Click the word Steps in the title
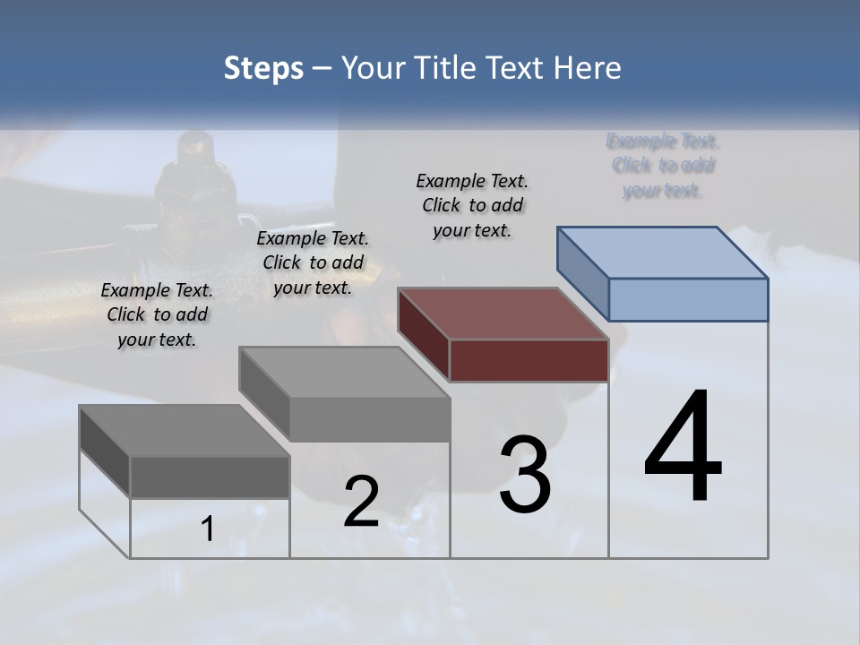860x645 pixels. pyautogui.click(x=263, y=68)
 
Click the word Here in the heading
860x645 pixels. pyautogui.click(x=589, y=68)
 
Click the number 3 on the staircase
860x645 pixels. pyautogui.click(x=525, y=475)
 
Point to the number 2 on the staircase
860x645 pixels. pyautogui.click(x=361, y=502)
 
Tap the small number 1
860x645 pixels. pyautogui.click(x=208, y=529)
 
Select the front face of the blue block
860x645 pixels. pyautogui.click(x=688, y=299)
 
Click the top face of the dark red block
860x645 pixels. pyautogui.click(x=503, y=314)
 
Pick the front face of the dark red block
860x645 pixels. pyautogui.click(x=529, y=360)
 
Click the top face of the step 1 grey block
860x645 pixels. pyautogui.click(x=185, y=431)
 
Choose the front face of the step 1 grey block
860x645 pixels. pyautogui.click(x=210, y=477)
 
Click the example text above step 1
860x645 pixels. pyautogui.click(x=157, y=314)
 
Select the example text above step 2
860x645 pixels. pyautogui.click(x=313, y=262)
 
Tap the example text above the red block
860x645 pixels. pyautogui.click(x=472, y=205)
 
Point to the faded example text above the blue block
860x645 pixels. pyautogui.click(x=663, y=166)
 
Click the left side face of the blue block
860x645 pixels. pyautogui.click(x=583, y=273)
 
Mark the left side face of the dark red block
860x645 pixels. pyautogui.click(x=424, y=334)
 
